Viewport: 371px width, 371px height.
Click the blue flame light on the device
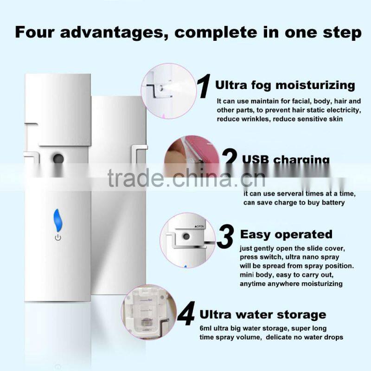[x=58, y=220]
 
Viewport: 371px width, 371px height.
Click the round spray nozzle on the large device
[x=58, y=158]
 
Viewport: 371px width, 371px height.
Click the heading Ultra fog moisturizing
[x=285, y=85]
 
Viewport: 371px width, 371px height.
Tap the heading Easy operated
[x=286, y=234]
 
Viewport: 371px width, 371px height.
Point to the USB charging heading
[x=286, y=160]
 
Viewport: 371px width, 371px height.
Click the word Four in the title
[x=37, y=33]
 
